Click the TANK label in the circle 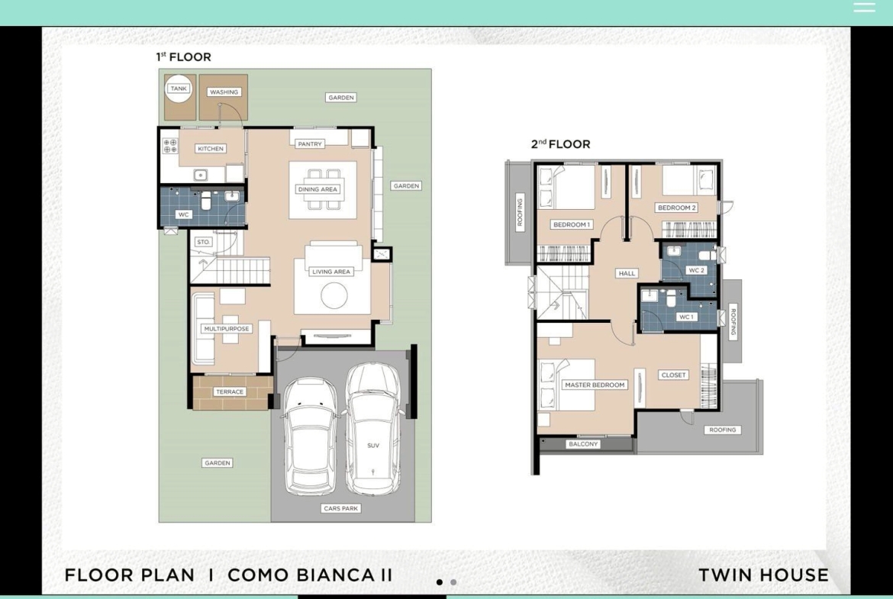(x=179, y=89)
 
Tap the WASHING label (x=224, y=92)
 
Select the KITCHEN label (x=211, y=149)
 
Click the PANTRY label (x=310, y=144)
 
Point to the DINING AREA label (x=318, y=189)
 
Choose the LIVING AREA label (x=331, y=272)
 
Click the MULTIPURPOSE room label (x=227, y=329)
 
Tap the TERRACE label (x=230, y=391)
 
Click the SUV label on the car (x=373, y=446)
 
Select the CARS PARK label (x=340, y=508)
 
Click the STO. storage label (x=203, y=242)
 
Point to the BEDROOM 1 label (x=571, y=224)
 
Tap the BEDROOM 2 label (x=676, y=208)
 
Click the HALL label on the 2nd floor (x=627, y=273)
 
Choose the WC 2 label (x=697, y=270)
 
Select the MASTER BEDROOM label (x=595, y=385)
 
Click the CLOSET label (x=674, y=375)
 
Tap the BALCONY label (x=583, y=444)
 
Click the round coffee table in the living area (x=334, y=295)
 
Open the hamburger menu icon (x=864, y=8)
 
